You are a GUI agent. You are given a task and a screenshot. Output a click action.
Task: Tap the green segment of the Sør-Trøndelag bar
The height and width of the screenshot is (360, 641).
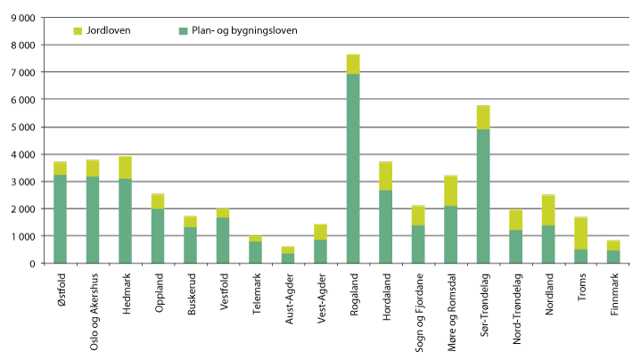483,196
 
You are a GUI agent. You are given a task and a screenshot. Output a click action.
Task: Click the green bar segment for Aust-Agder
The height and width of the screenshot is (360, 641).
288,258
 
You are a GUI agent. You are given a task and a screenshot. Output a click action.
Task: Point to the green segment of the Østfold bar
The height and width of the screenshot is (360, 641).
60,219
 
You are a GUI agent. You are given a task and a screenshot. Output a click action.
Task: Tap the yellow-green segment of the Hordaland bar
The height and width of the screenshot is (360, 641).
386,176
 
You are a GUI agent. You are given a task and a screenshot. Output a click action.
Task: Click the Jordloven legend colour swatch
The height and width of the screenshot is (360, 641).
78,30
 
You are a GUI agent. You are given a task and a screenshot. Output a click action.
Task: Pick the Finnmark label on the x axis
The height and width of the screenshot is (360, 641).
614,293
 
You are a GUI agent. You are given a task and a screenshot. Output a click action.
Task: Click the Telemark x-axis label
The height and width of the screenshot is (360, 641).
256,293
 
